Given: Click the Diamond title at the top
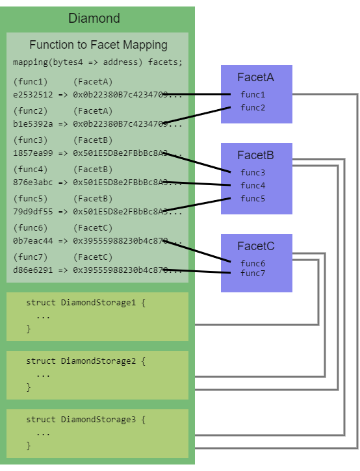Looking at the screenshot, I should (x=94, y=18).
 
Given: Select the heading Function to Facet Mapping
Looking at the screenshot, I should (x=98, y=45).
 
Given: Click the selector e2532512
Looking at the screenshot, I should (x=33, y=94).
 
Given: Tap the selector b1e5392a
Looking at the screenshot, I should (x=33, y=123).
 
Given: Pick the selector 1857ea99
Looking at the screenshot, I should (x=33, y=153).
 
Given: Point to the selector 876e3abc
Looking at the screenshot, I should (x=33, y=182).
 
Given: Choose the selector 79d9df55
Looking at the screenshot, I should (x=33, y=211).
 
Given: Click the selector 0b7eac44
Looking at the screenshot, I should (x=33, y=240).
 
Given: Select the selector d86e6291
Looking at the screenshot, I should (x=33, y=270).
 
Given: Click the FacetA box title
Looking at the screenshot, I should (x=255, y=77).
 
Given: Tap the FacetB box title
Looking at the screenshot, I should (x=255, y=155).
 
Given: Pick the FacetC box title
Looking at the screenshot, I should (x=255, y=246).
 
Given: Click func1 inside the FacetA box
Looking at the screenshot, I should (x=253, y=94).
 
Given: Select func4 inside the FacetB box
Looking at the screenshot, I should (x=253, y=185).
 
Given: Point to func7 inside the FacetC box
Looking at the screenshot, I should (x=253, y=274).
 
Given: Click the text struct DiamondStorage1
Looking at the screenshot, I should (x=86, y=303).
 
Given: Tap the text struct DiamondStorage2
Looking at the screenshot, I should (x=86, y=361).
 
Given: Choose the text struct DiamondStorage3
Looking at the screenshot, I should (x=86, y=420).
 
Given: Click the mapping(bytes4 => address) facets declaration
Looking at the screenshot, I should (x=97, y=62).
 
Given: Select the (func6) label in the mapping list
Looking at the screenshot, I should (x=31, y=228).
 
